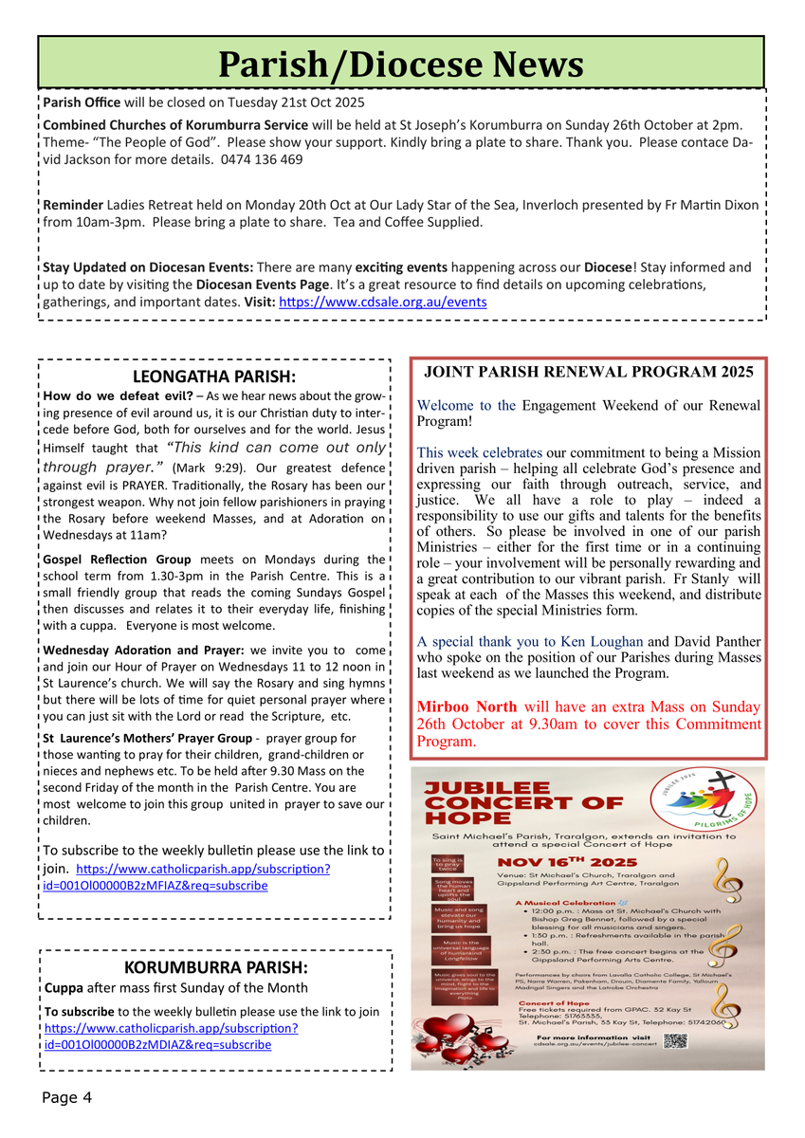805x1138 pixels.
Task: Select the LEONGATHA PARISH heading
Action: point(214,376)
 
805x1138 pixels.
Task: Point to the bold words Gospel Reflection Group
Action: point(117,560)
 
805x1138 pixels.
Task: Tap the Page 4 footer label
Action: point(66,1098)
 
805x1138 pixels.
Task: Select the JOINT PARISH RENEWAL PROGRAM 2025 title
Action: point(588,372)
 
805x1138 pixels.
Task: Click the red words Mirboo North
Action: point(467,707)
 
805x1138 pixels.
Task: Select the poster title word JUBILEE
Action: point(486,787)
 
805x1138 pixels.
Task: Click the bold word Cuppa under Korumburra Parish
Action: point(64,988)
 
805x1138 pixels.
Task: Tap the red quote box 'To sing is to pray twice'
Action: point(446,863)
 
